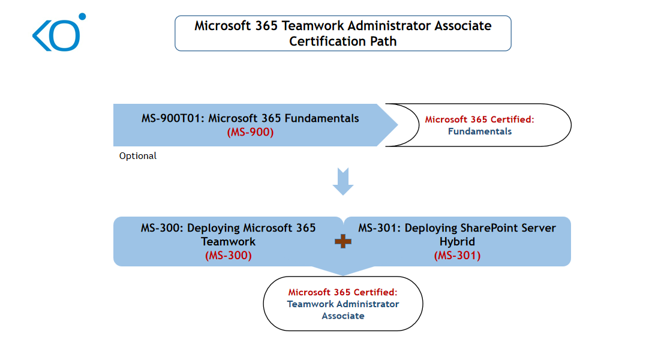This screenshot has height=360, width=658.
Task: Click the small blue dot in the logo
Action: coord(82,17)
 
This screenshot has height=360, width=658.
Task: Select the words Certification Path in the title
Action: coord(342,41)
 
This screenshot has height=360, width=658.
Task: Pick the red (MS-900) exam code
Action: coord(250,133)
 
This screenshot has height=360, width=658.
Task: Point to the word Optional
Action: coord(138,156)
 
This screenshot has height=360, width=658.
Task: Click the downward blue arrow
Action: coord(343,181)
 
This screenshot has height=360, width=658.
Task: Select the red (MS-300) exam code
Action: coord(228,255)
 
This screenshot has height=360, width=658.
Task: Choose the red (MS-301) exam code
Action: coord(457,255)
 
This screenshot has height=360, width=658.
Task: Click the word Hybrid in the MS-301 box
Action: coord(457,242)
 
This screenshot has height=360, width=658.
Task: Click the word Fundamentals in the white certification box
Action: coord(480,131)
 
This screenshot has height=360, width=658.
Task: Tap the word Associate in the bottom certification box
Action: coord(343,316)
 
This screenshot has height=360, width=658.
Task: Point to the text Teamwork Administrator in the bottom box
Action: coord(343,304)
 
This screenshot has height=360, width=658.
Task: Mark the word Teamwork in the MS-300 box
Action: coord(228,242)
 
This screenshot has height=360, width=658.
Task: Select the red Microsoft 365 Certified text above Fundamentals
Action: coord(479,119)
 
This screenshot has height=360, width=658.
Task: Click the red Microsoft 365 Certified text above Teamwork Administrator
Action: coord(343,292)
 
